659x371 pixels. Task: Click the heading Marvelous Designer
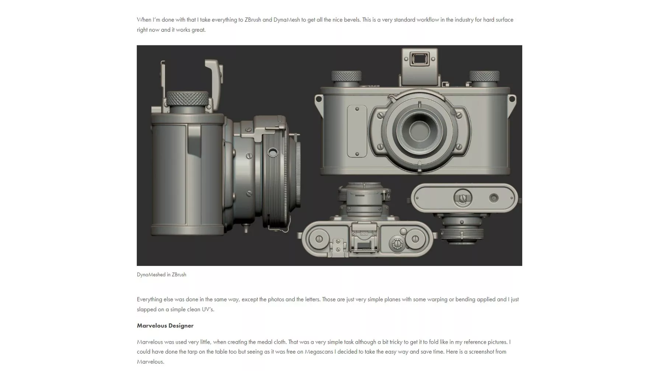[165, 326]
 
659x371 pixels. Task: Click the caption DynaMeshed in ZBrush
[161, 274]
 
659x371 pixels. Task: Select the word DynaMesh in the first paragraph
[286, 20]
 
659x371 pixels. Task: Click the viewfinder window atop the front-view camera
[417, 59]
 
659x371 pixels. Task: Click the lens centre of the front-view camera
[419, 131]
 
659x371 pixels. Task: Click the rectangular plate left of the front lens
[357, 131]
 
